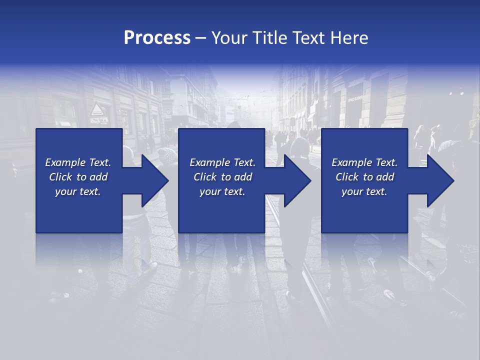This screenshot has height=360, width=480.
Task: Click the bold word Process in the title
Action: coord(157,38)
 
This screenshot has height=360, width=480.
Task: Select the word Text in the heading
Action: coord(308,38)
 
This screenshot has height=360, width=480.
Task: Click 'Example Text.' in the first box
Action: coord(78,162)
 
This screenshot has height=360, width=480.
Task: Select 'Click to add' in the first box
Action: coord(78,177)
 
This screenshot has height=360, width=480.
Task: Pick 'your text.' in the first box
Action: coord(78,191)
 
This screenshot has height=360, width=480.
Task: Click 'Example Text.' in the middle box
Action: coord(222,162)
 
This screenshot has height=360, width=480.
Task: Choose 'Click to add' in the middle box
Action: coord(222,177)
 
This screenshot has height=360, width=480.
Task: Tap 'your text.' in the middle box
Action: coord(222,191)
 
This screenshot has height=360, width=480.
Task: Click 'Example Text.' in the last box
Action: coord(364,162)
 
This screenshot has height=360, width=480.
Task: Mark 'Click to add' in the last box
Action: coord(364,177)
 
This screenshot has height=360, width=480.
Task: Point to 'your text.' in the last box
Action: coord(364,191)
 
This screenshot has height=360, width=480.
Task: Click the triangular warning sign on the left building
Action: coord(97,109)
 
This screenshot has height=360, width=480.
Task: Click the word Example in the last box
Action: coord(352,162)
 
